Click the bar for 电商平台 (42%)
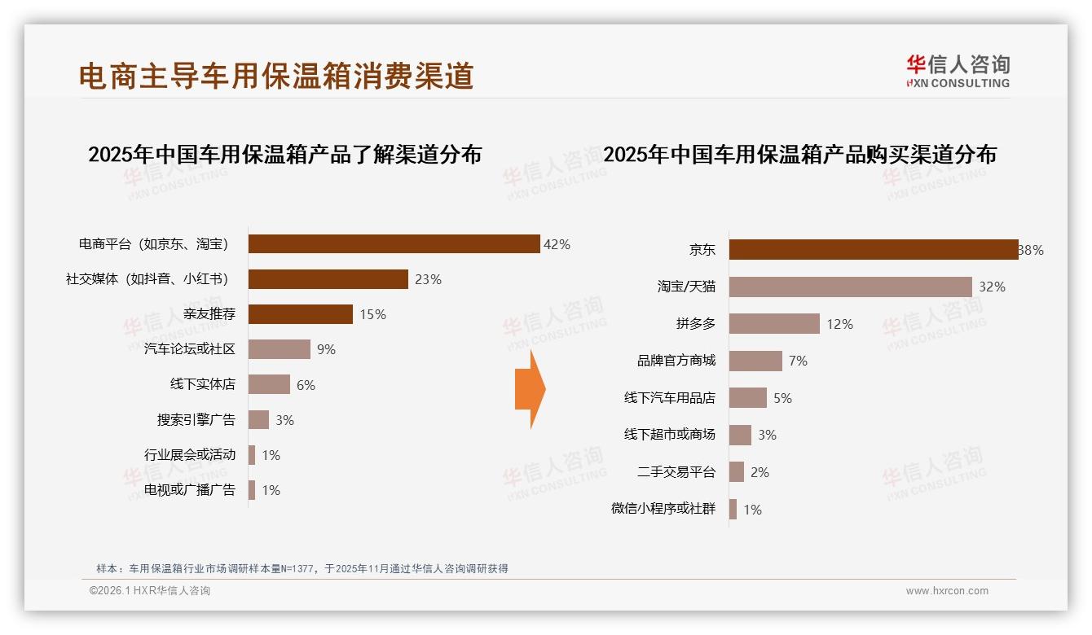point(394,244)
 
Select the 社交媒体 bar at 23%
point(328,279)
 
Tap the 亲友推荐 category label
point(209,314)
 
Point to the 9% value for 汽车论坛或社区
point(326,349)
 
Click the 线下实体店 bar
point(269,384)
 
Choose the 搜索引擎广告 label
point(196,420)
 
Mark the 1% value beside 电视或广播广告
point(271,490)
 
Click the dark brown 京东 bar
point(873,250)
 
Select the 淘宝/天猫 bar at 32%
point(850,287)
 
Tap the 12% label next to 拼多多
point(839,324)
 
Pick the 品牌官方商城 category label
point(676,361)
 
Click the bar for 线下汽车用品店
point(747,398)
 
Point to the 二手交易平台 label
point(676,472)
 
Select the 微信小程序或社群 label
point(663,509)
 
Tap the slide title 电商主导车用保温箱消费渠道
point(276,76)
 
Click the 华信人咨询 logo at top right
point(958,71)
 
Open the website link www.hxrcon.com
point(947,591)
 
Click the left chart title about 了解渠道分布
point(284,155)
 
